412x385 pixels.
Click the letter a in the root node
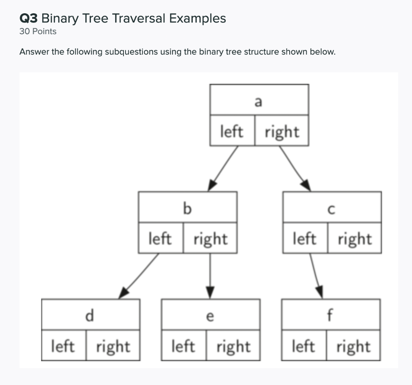tap(258, 102)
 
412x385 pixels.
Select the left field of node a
tap(232, 131)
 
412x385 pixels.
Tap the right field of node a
tap(282, 131)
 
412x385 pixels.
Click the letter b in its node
tap(187, 209)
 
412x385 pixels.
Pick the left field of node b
tap(161, 238)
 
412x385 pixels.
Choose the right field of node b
tap(210, 238)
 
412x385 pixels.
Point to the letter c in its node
tap(332, 210)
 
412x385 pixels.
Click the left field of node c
tap(305, 238)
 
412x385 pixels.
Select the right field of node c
tap(355, 238)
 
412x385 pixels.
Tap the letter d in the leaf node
tap(89, 315)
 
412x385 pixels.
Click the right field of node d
tap(113, 345)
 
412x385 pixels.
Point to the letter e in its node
tap(210, 317)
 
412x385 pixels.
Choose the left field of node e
tap(183, 345)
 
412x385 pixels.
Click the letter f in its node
tap(330, 315)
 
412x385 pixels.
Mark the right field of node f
tap(353, 345)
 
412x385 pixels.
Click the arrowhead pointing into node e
tap(210, 293)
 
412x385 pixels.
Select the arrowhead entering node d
tap(124, 293)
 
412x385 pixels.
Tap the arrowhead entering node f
tap(320, 292)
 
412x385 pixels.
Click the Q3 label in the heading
tap(29, 18)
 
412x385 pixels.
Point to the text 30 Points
tap(38, 31)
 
